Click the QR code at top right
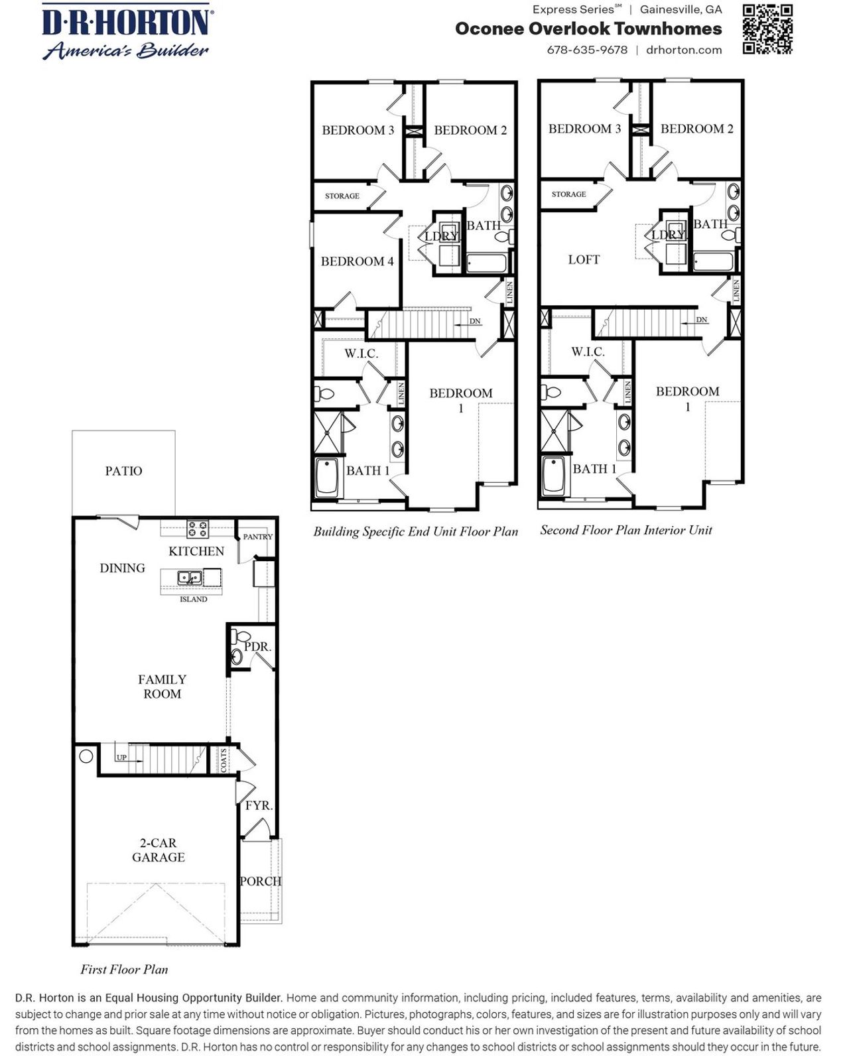(x=767, y=29)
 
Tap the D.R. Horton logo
(x=126, y=31)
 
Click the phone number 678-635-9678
(x=587, y=50)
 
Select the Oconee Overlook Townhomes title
(x=588, y=29)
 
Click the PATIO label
(x=123, y=471)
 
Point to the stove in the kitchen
(x=197, y=529)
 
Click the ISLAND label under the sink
(x=194, y=599)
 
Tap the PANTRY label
(x=257, y=537)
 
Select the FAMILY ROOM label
(x=162, y=687)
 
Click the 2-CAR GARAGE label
(x=158, y=850)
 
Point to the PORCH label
(x=260, y=881)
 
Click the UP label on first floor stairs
(x=121, y=758)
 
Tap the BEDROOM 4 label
(x=357, y=261)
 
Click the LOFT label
(x=584, y=259)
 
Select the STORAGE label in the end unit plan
(x=342, y=196)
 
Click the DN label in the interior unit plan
(x=702, y=320)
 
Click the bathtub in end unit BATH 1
(x=328, y=477)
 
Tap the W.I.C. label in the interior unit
(x=588, y=352)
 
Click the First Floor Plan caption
(x=124, y=969)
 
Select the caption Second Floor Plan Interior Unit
(x=625, y=530)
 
